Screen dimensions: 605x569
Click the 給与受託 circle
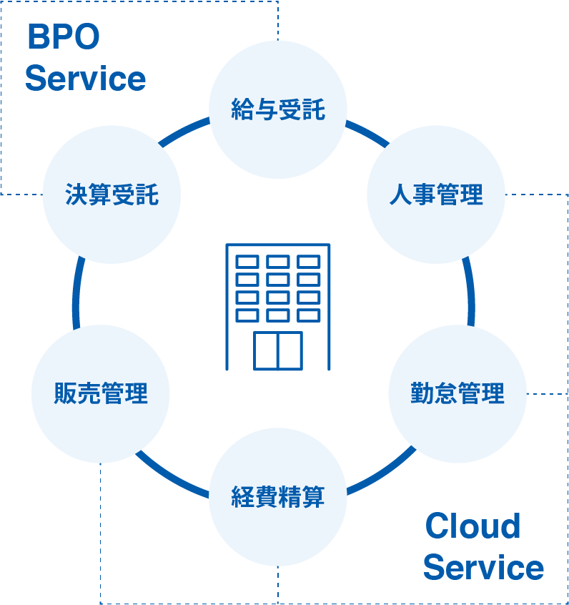click(x=278, y=109)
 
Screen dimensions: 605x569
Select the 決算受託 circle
click(x=112, y=195)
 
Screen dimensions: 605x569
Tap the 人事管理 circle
click(x=436, y=195)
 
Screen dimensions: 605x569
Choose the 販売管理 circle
click(x=101, y=393)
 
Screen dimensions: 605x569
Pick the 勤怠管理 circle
click(x=457, y=393)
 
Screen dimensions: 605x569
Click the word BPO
click(x=63, y=38)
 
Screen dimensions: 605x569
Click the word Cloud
click(x=472, y=527)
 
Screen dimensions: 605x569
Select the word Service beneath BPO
click(x=85, y=79)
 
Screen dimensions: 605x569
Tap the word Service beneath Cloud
click(x=483, y=568)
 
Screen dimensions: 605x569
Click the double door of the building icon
click(x=278, y=350)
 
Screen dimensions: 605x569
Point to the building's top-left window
click(x=247, y=262)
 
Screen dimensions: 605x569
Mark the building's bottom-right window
click(x=309, y=315)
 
